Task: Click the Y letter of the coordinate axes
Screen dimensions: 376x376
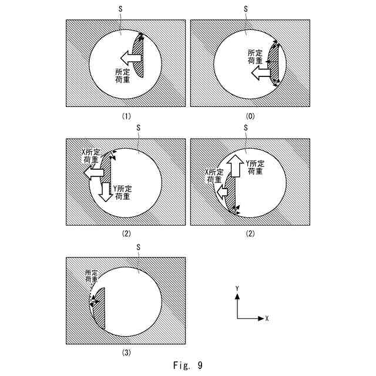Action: click(237, 289)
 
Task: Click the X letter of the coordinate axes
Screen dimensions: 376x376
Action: click(267, 318)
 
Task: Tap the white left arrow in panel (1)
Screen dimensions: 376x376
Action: click(130, 57)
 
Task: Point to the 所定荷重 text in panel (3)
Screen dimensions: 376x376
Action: click(92, 276)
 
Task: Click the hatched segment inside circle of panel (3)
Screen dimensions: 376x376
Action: click(99, 308)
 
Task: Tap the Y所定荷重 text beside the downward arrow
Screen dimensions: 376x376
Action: click(123, 192)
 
